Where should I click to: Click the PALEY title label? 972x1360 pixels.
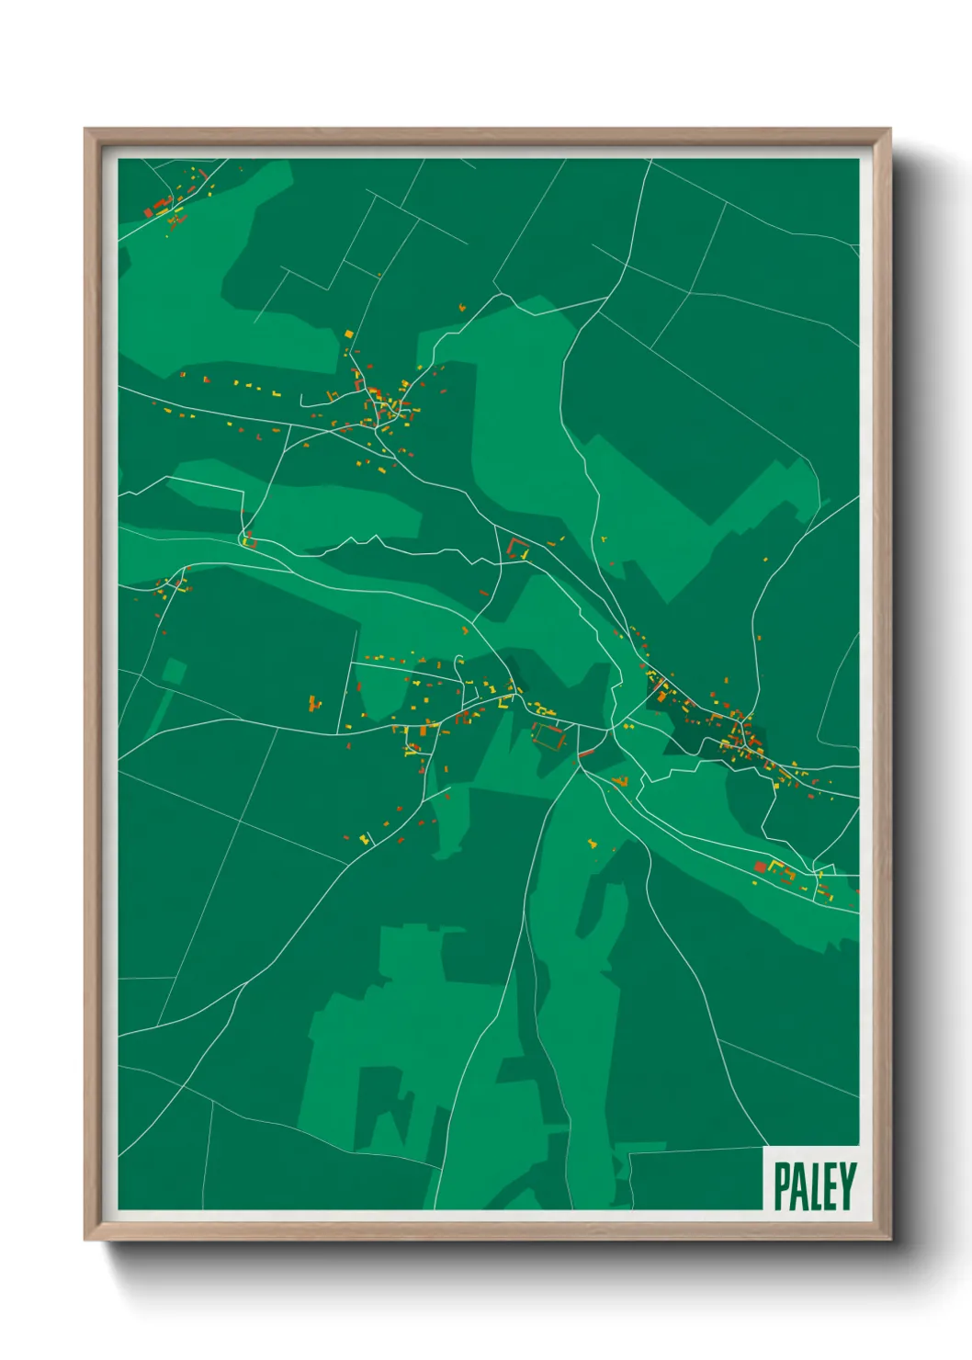click(814, 1185)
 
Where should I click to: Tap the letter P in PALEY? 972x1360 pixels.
click(783, 1185)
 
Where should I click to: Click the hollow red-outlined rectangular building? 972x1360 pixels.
click(548, 736)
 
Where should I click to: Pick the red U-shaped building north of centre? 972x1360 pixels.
click(518, 549)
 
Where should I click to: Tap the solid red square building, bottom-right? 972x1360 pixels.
click(760, 867)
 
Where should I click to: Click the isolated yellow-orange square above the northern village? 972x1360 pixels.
click(348, 334)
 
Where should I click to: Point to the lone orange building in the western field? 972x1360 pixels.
click(314, 704)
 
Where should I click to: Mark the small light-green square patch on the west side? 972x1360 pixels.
click(174, 672)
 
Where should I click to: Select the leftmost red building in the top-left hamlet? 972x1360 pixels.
click(148, 212)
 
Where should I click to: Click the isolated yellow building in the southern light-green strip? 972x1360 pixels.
click(592, 841)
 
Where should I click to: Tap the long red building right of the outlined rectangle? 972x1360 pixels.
click(586, 754)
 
